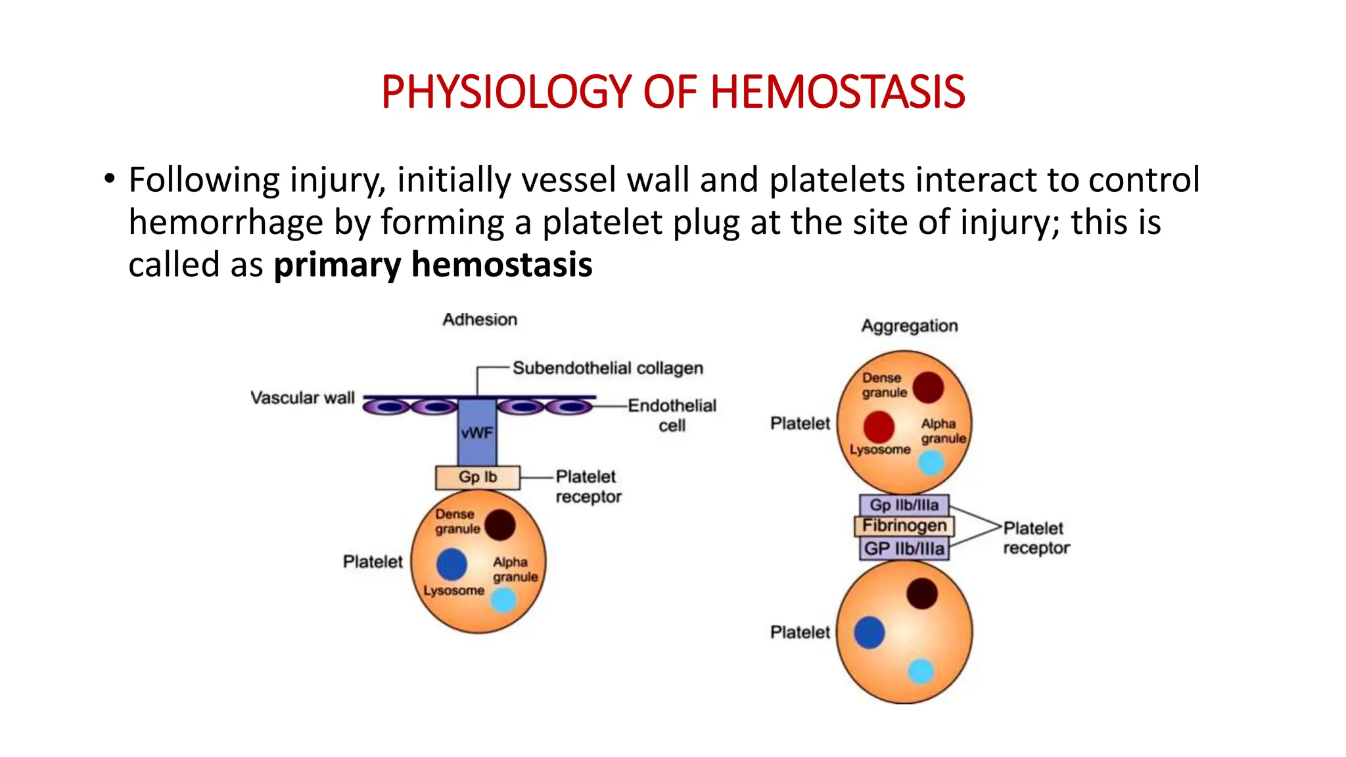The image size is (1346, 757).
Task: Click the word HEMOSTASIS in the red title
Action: pyautogui.click(x=837, y=91)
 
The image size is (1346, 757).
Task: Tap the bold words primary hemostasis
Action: pyautogui.click(x=432, y=265)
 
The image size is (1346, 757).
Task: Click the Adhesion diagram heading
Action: pyautogui.click(x=480, y=319)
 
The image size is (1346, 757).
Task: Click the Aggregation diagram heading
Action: pyautogui.click(x=909, y=326)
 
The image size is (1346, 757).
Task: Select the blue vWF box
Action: pyautogui.click(x=476, y=432)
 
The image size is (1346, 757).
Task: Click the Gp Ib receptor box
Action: pyautogui.click(x=478, y=477)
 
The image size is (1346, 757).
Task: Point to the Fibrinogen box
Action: pyautogui.click(x=904, y=526)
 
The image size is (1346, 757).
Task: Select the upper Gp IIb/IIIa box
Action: pyautogui.click(x=904, y=505)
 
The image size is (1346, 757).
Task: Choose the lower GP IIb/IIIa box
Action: pyautogui.click(x=904, y=549)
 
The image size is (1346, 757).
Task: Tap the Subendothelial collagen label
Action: pyautogui.click(x=607, y=368)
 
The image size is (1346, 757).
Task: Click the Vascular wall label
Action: pyautogui.click(x=302, y=398)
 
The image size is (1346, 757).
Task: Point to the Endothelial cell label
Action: pyautogui.click(x=672, y=415)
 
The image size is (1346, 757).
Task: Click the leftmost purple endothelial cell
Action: pyautogui.click(x=388, y=407)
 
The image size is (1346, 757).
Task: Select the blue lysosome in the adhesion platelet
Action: pyautogui.click(x=452, y=564)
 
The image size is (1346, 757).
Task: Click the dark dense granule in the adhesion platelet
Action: pyautogui.click(x=500, y=525)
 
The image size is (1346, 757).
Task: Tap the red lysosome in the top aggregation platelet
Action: pyautogui.click(x=879, y=427)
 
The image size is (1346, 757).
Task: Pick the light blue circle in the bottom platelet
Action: pyautogui.click(x=921, y=672)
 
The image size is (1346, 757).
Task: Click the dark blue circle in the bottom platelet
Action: pyautogui.click(x=869, y=632)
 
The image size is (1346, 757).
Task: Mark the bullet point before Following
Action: pyautogui.click(x=109, y=179)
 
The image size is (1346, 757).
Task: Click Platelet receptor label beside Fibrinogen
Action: pyautogui.click(x=1036, y=538)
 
